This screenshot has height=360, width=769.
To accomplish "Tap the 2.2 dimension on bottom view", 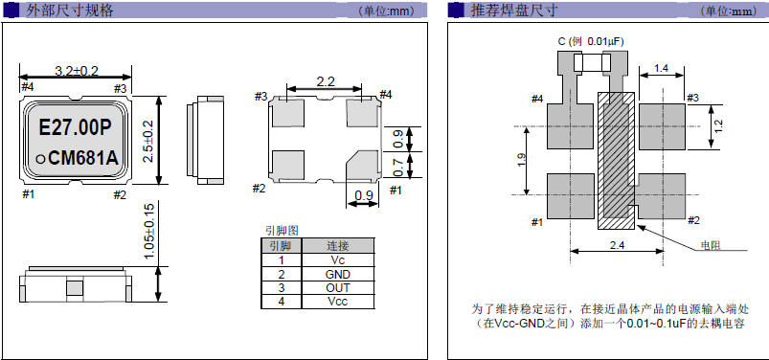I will click(325, 81).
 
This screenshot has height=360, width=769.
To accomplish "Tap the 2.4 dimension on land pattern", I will click(616, 246).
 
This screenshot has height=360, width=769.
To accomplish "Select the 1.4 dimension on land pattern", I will click(661, 67).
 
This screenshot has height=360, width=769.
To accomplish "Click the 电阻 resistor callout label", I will click(711, 246).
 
